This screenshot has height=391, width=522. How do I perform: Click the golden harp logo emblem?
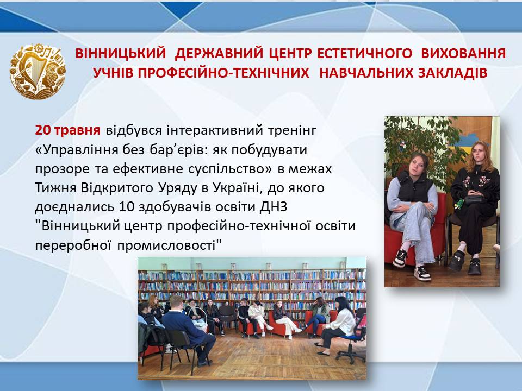point(38,71)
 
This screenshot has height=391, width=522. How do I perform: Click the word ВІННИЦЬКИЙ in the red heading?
point(121,54)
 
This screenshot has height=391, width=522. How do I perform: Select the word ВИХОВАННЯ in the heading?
point(463,54)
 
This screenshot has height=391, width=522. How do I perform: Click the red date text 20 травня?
point(67,130)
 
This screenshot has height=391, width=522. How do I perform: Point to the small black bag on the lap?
point(473,199)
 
